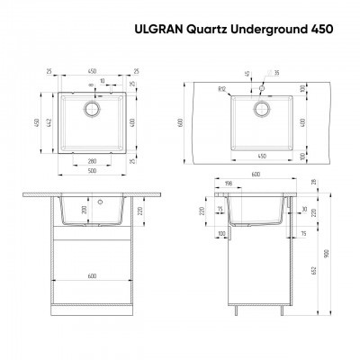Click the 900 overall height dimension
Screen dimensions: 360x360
pyautogui.click(x=328, y=252)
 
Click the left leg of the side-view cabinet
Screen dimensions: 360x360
pyautogui.click(x=237, y=311)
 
